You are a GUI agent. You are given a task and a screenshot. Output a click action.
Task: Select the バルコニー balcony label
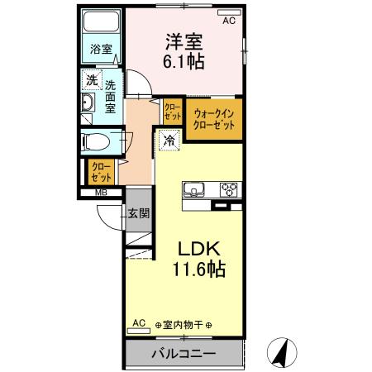point(184,354)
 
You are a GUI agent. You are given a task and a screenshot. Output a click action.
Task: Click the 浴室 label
point(102,49)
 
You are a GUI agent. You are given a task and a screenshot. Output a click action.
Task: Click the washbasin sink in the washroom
point(89,103)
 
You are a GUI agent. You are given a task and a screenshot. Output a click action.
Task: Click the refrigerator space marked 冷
point(169,141)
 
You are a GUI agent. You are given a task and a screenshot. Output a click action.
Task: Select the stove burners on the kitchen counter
point(228,189)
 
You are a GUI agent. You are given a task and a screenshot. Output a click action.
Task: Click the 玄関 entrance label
point(138,212)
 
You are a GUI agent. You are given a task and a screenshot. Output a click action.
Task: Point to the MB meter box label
point(101,194)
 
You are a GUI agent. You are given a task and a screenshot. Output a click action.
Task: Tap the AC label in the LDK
point(139,322)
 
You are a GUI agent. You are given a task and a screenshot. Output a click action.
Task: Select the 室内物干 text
point(184,324)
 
